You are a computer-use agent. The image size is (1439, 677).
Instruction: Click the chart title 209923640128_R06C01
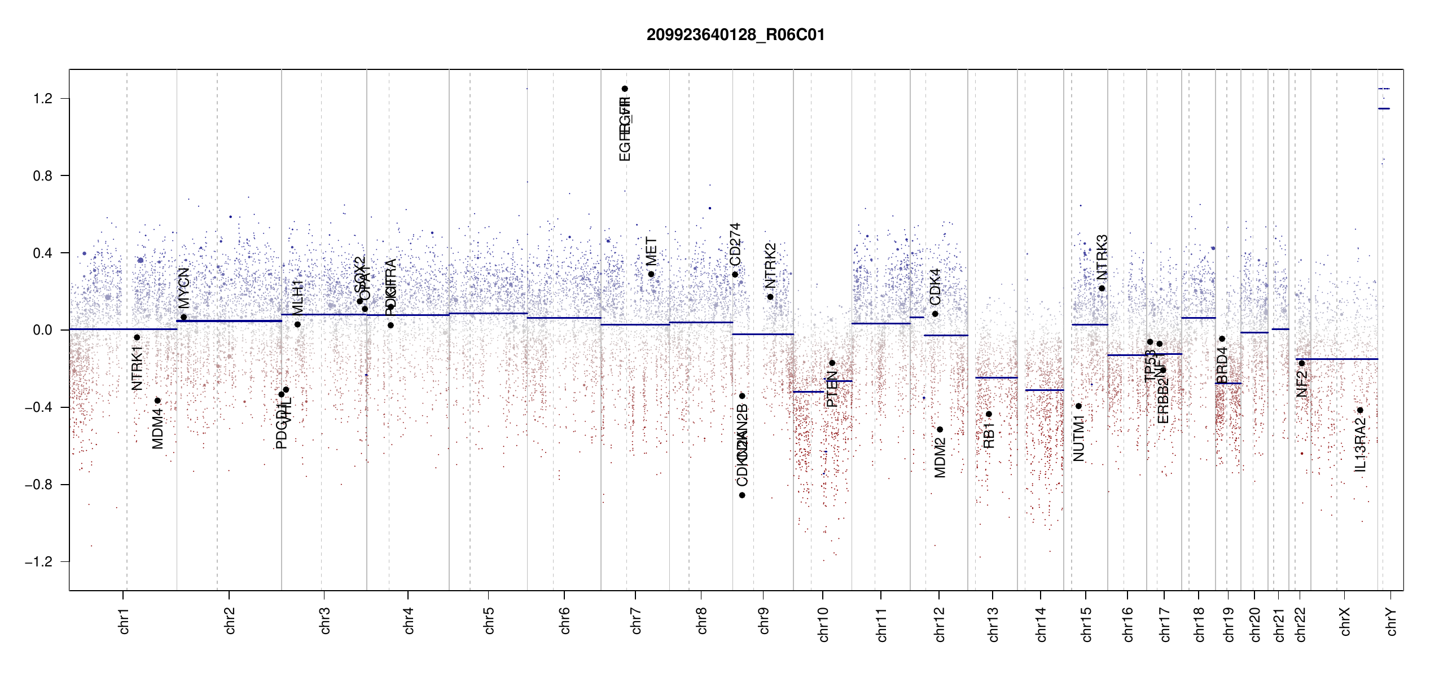pos(735,35)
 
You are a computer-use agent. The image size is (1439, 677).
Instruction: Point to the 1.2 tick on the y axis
pos(42,99)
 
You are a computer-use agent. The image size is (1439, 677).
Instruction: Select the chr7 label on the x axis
pos(636,621)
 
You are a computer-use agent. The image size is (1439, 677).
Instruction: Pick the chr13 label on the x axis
pos(993,624)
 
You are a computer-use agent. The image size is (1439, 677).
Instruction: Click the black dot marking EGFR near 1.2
pos(625,89)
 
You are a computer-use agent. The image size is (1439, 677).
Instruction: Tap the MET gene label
pos(651,252)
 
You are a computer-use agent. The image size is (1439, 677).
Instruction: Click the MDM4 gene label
pos(157,429)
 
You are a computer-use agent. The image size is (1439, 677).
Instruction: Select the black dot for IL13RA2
pos(1360,410)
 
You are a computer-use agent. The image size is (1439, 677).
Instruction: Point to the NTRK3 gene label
pos(1102,257)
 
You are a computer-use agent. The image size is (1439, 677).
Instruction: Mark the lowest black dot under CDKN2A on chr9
pos(742,495)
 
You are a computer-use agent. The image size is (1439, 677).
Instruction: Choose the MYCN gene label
pos(184,288)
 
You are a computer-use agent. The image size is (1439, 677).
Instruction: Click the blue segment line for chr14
pos(1044,390)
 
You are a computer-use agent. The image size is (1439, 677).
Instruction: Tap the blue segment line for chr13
pos(996,377)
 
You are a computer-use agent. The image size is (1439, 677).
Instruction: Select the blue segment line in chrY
pos(1384,108)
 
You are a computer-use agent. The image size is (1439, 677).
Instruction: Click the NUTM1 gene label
pos(1079,438)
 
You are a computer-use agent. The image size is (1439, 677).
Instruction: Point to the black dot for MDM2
pos(940,429)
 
